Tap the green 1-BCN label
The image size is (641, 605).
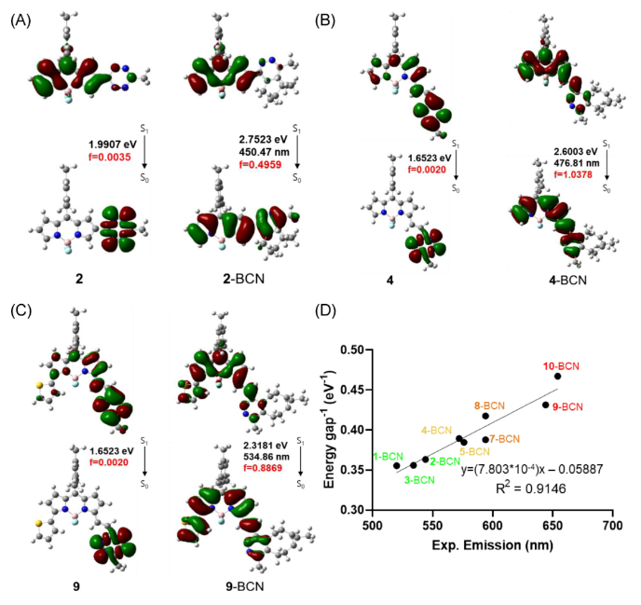[x=389, y=456]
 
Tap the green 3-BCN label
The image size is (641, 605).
[x=419, y=479]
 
